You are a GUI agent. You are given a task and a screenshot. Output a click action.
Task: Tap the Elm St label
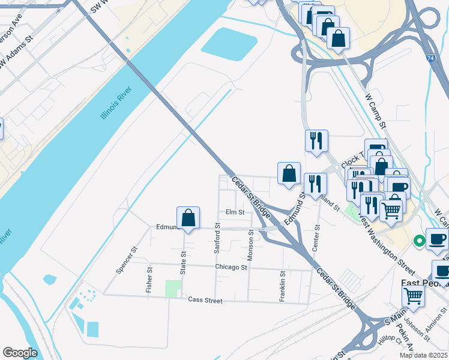235,212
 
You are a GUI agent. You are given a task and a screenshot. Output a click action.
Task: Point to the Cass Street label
205,300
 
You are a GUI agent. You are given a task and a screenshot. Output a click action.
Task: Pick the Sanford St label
218,238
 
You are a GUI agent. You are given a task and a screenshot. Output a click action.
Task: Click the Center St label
316,238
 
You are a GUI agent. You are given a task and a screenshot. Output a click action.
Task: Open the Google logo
20,353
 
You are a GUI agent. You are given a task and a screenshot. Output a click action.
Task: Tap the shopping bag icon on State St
188,218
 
